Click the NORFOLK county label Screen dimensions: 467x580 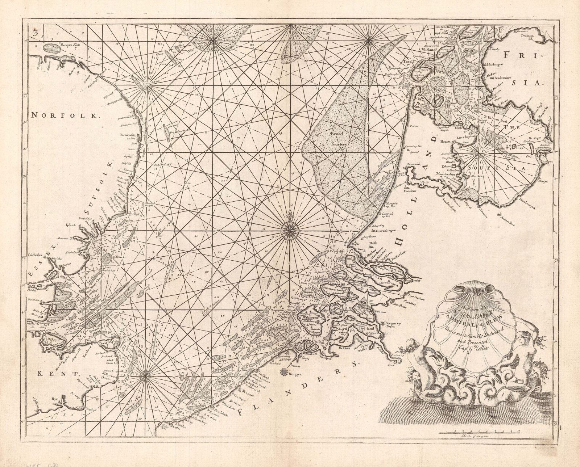coord(65,116)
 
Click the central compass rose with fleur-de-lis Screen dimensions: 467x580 coord(290,230)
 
